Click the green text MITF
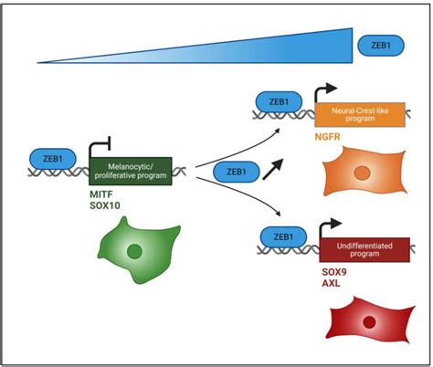coord(102,194)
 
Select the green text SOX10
coord(107,208)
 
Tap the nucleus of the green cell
coord(135,253)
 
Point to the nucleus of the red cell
coord(370,322)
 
